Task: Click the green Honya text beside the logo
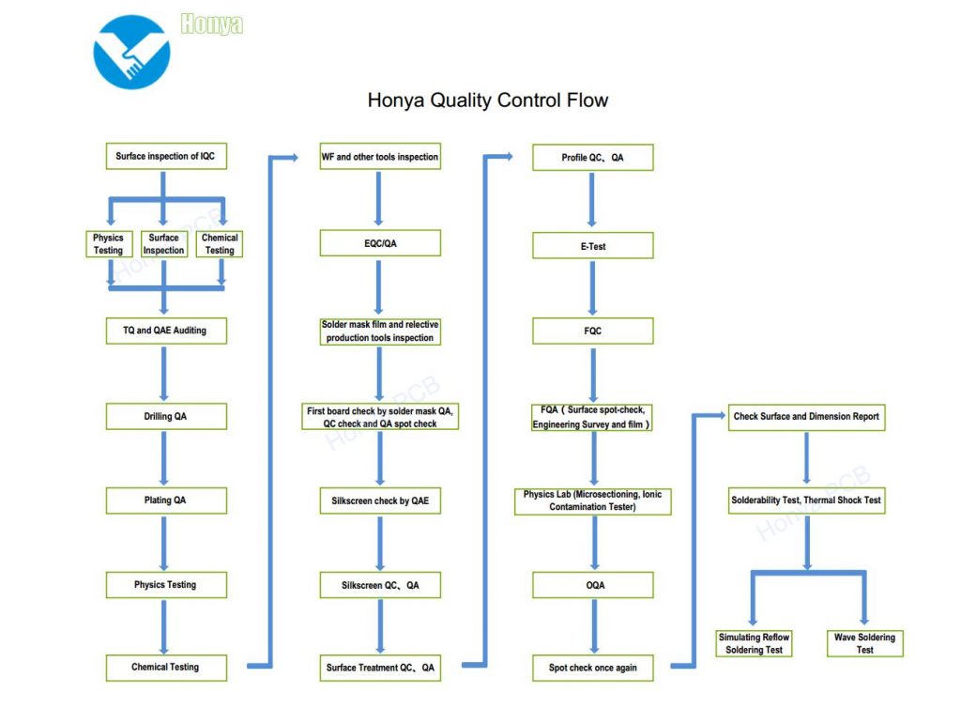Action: pyautogui.click(x=211, y=24)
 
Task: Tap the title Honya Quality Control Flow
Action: pyautogui.click(x=487, y=100)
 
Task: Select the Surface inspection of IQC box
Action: pyautogui.click(x=165, y=156)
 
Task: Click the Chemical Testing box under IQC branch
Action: pyautogui.click(x=220, y=244)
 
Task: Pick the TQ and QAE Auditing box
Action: pyautogui.click(x=165, y=331)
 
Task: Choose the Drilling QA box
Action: pyautogui.click(x=165, y=416)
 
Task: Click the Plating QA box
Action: pyautogui.click(x=165, y=500)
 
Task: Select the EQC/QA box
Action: pyautogui.click(x=379, y=243)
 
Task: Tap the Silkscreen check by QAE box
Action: pyautogui.click(x=379, y=501)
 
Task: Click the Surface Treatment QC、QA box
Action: pyautogui.click(x=379, y=668)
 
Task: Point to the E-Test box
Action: pyautogui.click(x=592, y=246)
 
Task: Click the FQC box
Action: pyautogui.click(x=592, y=331)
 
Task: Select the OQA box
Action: pyautogui.click(x=592, y=585)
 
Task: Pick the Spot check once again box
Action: pyautogui.click(x=592, y=668)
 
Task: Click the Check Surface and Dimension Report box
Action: pyautogui.click(x=806, y=417)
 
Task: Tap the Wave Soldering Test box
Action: pyautogui.click(x=864, y=643)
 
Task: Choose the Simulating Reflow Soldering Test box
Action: pyautogui.click(x=754, y=643)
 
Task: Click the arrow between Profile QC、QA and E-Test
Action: pyautogui.click(x=592, y=200)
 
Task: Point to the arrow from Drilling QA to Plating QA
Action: pyautogui.click(x=164, y=457)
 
